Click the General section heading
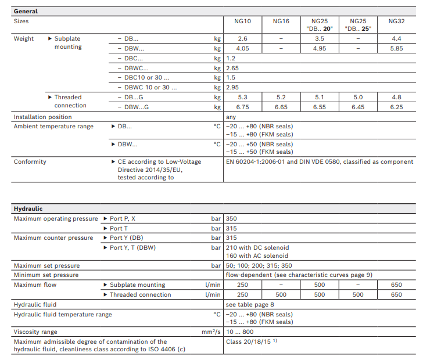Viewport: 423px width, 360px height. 26,11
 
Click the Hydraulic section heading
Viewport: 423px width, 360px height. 28,208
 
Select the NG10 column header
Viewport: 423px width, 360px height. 243,21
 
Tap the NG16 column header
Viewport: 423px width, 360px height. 281,21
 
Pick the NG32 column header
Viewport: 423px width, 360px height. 396,21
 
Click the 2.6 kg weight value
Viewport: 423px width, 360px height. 243,39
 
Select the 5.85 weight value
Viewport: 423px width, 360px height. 396,49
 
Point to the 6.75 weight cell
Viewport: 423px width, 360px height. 243,107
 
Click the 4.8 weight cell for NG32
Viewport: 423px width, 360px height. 396,98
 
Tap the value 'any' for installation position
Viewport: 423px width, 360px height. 231,117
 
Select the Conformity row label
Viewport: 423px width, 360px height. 30,161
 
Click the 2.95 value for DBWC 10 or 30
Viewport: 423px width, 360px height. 232,87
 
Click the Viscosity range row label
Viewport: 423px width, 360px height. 35,332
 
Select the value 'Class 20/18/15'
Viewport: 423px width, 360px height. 249,341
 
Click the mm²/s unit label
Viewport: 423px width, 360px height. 211,332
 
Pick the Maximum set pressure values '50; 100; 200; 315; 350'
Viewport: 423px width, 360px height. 259,266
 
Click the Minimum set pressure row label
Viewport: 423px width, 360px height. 46,275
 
